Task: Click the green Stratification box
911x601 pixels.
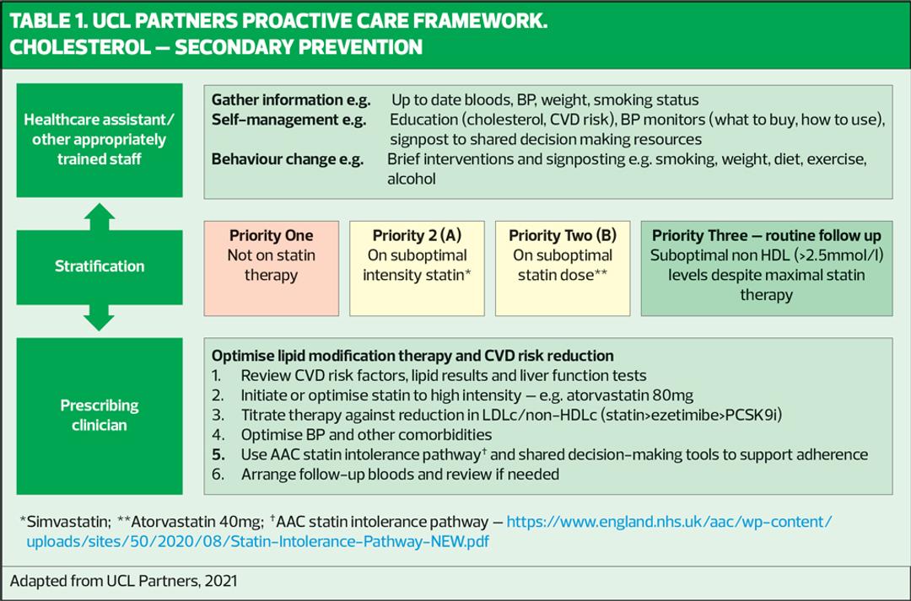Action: coord(100,266)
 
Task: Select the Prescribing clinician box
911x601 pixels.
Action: coord(100,415)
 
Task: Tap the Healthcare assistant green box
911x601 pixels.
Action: coord(100,140)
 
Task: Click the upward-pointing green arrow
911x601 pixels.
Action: coord(100,215)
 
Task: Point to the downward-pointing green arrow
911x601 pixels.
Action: coord(100,319)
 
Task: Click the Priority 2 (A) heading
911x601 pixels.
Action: coord(417,235)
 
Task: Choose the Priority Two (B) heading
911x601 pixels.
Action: coord(562,235)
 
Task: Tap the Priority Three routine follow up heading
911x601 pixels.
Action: coord(766,235)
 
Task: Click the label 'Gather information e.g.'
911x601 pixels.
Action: coord(290,99)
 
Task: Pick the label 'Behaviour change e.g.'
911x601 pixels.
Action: coord(287,158)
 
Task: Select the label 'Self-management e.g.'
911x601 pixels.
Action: coord(288,120)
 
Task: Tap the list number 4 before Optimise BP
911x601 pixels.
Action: coord(217,435)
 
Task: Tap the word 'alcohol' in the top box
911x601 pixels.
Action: coord(412,179)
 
